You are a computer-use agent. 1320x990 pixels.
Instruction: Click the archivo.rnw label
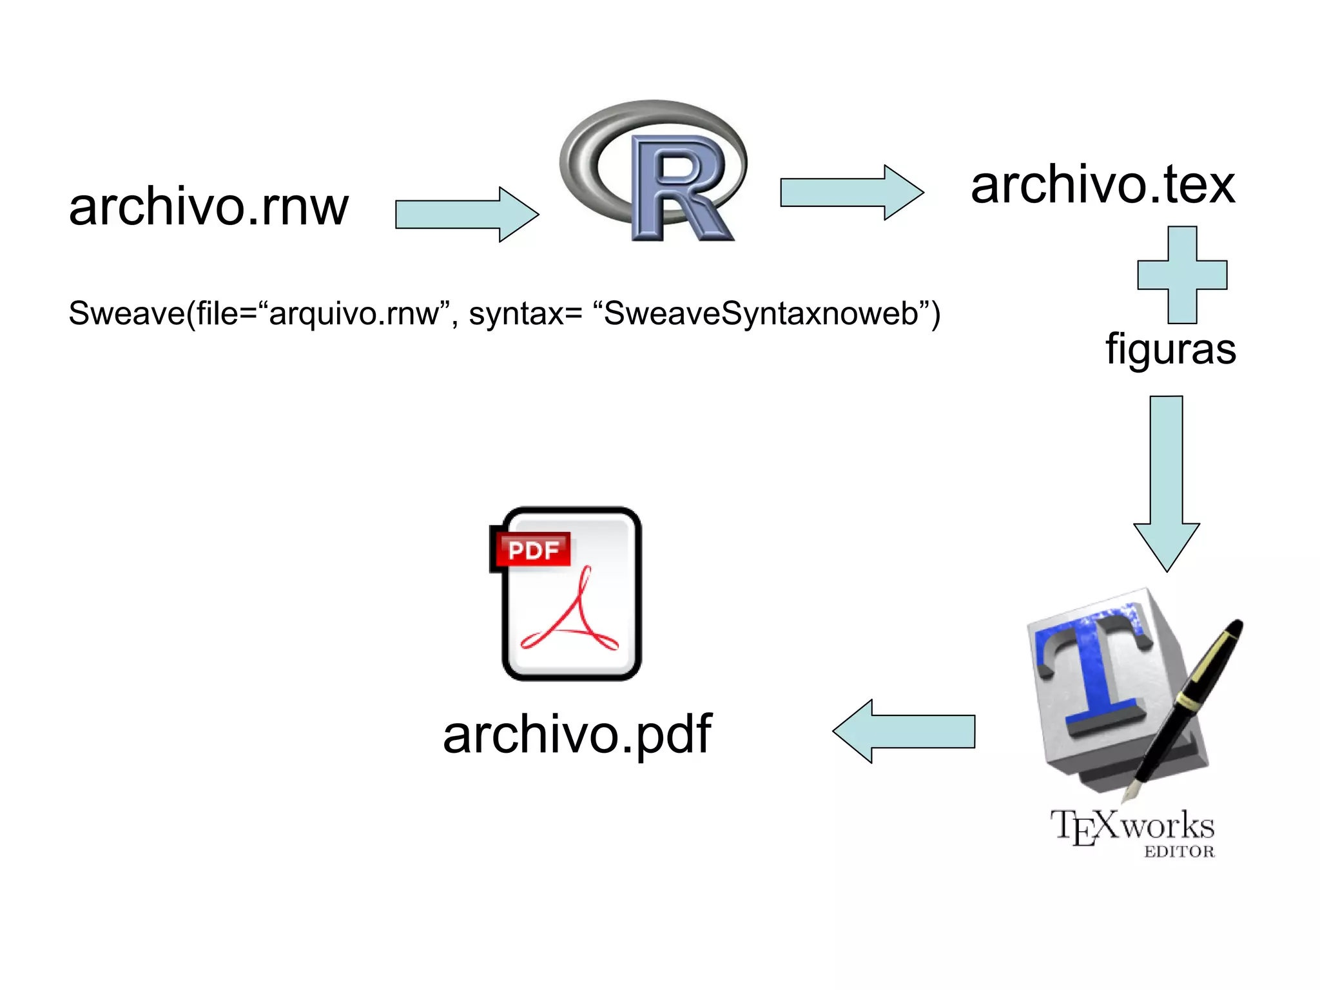208,208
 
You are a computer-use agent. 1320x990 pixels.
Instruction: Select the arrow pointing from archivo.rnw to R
466,215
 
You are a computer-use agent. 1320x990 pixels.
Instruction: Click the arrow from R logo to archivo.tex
851,192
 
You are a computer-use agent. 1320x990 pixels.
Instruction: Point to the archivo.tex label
1102,186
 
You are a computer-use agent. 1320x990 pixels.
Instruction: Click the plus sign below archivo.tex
1182,275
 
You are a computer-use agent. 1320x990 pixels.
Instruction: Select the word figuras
1170,349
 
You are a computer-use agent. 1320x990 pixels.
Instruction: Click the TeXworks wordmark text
1132,826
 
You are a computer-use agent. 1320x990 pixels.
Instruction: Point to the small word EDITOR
1179,852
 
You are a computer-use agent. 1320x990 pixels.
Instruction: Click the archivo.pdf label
577,735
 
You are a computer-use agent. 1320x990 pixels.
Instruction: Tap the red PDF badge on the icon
532,550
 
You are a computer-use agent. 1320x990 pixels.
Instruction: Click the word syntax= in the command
525,314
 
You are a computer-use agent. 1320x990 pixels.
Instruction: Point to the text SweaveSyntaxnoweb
761,314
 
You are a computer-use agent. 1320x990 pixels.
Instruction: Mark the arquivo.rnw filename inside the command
353,314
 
